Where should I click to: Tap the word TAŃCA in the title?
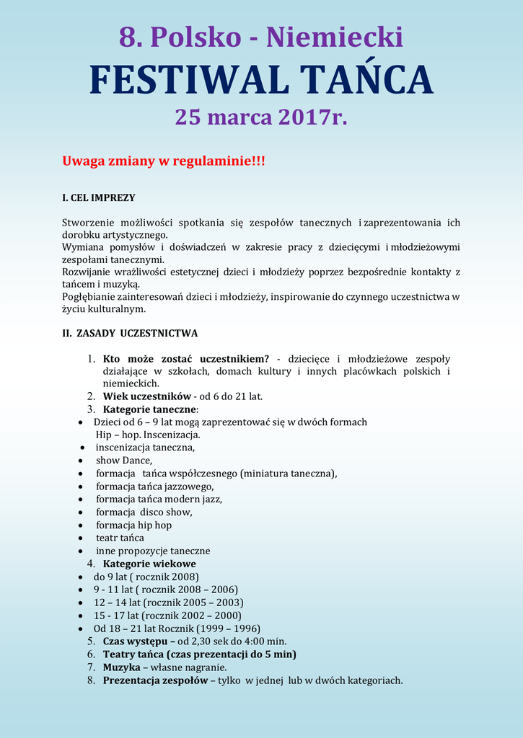(366, 79)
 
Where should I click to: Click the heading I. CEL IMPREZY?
(98, 197)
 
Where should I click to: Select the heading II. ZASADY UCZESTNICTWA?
(130, 334)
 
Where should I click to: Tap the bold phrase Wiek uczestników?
(146, 396)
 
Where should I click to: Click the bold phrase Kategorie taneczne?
(150, 409)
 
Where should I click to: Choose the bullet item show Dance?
(123, 461)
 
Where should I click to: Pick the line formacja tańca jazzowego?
(154, 486)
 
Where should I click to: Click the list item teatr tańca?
(120, 538)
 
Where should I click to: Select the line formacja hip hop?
(133, 525)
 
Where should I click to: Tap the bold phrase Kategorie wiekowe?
(149, 564)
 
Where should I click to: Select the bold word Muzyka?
(121, 667)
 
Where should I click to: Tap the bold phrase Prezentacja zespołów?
(154, 680)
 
